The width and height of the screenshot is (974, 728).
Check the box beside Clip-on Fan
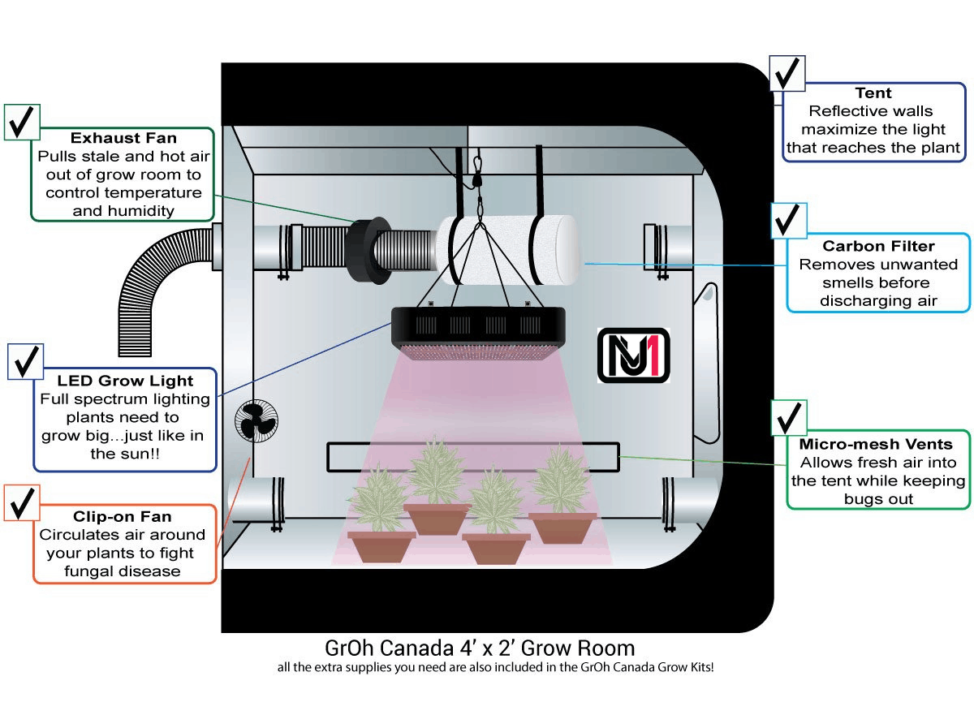[24, 503]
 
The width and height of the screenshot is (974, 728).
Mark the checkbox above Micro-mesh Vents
[788, 419]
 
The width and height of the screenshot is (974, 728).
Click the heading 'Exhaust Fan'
[123, 138]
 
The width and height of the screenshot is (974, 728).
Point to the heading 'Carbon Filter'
[878, 246]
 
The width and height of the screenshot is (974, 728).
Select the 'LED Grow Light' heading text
[125, 381]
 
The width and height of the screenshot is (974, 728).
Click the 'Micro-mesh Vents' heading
[875, 444]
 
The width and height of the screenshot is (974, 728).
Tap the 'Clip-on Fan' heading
[122, 516]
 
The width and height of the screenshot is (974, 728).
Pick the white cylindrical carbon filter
[511, 243]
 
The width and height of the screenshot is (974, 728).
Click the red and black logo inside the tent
[633, 355]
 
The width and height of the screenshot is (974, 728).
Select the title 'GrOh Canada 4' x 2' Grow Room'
[479, 648]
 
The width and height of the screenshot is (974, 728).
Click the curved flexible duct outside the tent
[154, 268]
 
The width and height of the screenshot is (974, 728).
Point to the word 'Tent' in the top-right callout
[873, 93]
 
